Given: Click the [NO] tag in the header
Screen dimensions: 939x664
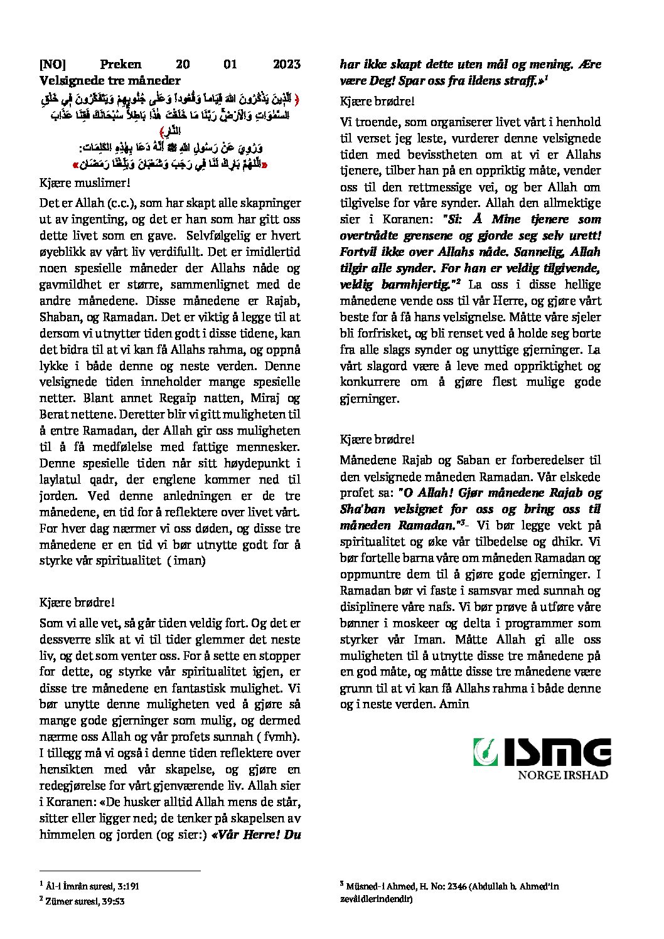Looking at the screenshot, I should [x=53, y=64].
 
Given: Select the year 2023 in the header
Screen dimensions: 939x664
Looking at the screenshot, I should [x=287, y=64].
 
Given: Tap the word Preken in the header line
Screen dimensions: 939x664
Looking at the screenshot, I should [x=121, y=64].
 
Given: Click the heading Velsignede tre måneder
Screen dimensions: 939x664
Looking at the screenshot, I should [x=110, y=80].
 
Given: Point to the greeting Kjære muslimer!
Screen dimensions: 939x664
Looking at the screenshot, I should [x=85, y=183].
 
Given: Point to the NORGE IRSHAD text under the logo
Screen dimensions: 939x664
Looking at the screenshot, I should [x=562, y=775].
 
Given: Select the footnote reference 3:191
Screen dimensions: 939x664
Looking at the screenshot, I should [x=127, y=886].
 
